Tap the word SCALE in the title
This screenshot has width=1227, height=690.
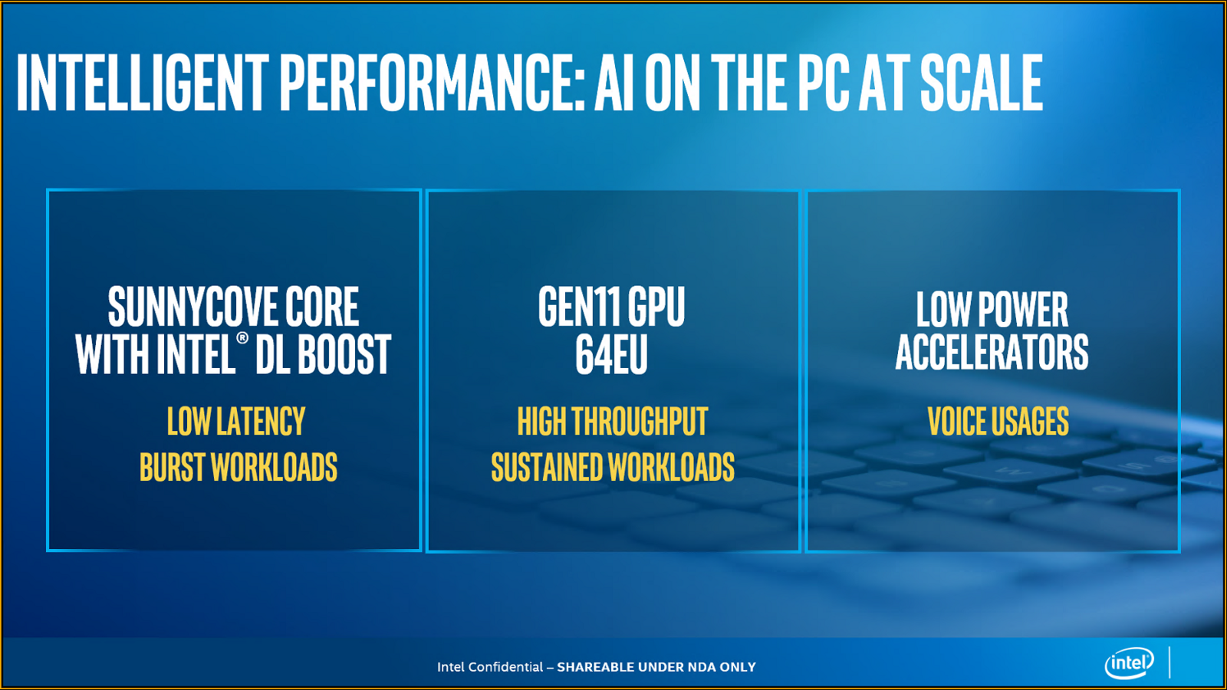[x=981, y=82]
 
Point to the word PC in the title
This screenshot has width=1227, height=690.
[x=824, y=82]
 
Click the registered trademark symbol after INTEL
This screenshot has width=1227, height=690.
[x=242, y=338]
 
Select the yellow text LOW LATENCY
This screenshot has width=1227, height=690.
[x=236, y=422]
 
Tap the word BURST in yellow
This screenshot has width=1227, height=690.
[x=172, y=468]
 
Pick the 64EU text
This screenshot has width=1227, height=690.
[x=611, y=354]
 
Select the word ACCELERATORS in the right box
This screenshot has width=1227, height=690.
[x=992, y=353]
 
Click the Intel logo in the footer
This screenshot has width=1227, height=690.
[x=1129, y=663]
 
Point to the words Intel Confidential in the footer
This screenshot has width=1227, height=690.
[x=490, y=667]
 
